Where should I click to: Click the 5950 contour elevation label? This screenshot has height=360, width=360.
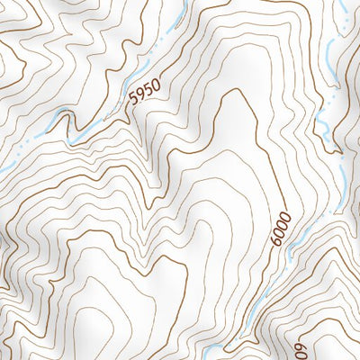145,94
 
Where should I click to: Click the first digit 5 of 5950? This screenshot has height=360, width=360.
134,102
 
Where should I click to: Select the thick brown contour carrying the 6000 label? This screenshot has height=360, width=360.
270,180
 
